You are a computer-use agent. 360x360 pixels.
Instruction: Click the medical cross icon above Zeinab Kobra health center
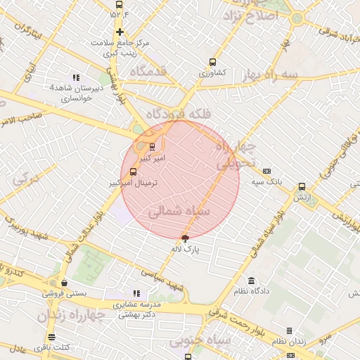pos(120,32)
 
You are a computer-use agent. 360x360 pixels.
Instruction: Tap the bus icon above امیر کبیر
pos(152,147)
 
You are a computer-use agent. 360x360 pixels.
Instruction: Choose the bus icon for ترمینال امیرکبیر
pos(133,171)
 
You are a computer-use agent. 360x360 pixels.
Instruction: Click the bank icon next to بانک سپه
pos(266,171)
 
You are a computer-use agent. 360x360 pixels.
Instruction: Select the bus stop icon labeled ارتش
pos(302,187)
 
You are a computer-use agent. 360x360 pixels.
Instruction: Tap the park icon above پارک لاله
pos(185,238)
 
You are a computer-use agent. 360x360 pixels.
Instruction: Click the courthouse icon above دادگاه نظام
pos(251,281)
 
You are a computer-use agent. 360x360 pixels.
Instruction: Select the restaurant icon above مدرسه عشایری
pos(136,293)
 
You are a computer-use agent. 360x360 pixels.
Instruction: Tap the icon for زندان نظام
pos(289,330)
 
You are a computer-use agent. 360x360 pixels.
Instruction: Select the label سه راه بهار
pos(270,74)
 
